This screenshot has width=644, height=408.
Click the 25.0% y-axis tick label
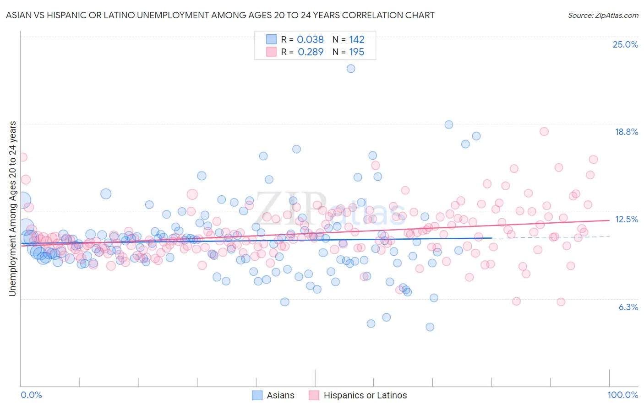pos(625,45)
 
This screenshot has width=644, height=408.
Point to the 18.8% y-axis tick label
pos(626,132)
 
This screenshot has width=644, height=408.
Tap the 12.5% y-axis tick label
pos(626,220)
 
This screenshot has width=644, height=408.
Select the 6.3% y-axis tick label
pos(628,307)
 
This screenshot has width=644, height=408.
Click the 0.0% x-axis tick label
pos(32,395)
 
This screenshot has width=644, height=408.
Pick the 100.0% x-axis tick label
pos(622,395)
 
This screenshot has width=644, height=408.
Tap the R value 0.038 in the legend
pos(310,40)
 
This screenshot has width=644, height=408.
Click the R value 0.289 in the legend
pos(310,52)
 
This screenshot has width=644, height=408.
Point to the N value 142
pos(356,40)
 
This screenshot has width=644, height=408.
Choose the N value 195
pos(356,52)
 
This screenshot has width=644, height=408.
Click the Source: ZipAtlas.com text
pos(603,16)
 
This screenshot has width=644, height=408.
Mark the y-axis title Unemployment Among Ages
pos(13,208)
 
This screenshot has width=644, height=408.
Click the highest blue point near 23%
pos(351,69)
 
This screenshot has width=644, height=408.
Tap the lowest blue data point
pos(430,327)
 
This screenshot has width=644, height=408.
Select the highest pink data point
pos(544,131)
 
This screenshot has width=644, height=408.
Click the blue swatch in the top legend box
pos(271,39)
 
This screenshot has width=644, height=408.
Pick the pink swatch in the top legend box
pos(271,52)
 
